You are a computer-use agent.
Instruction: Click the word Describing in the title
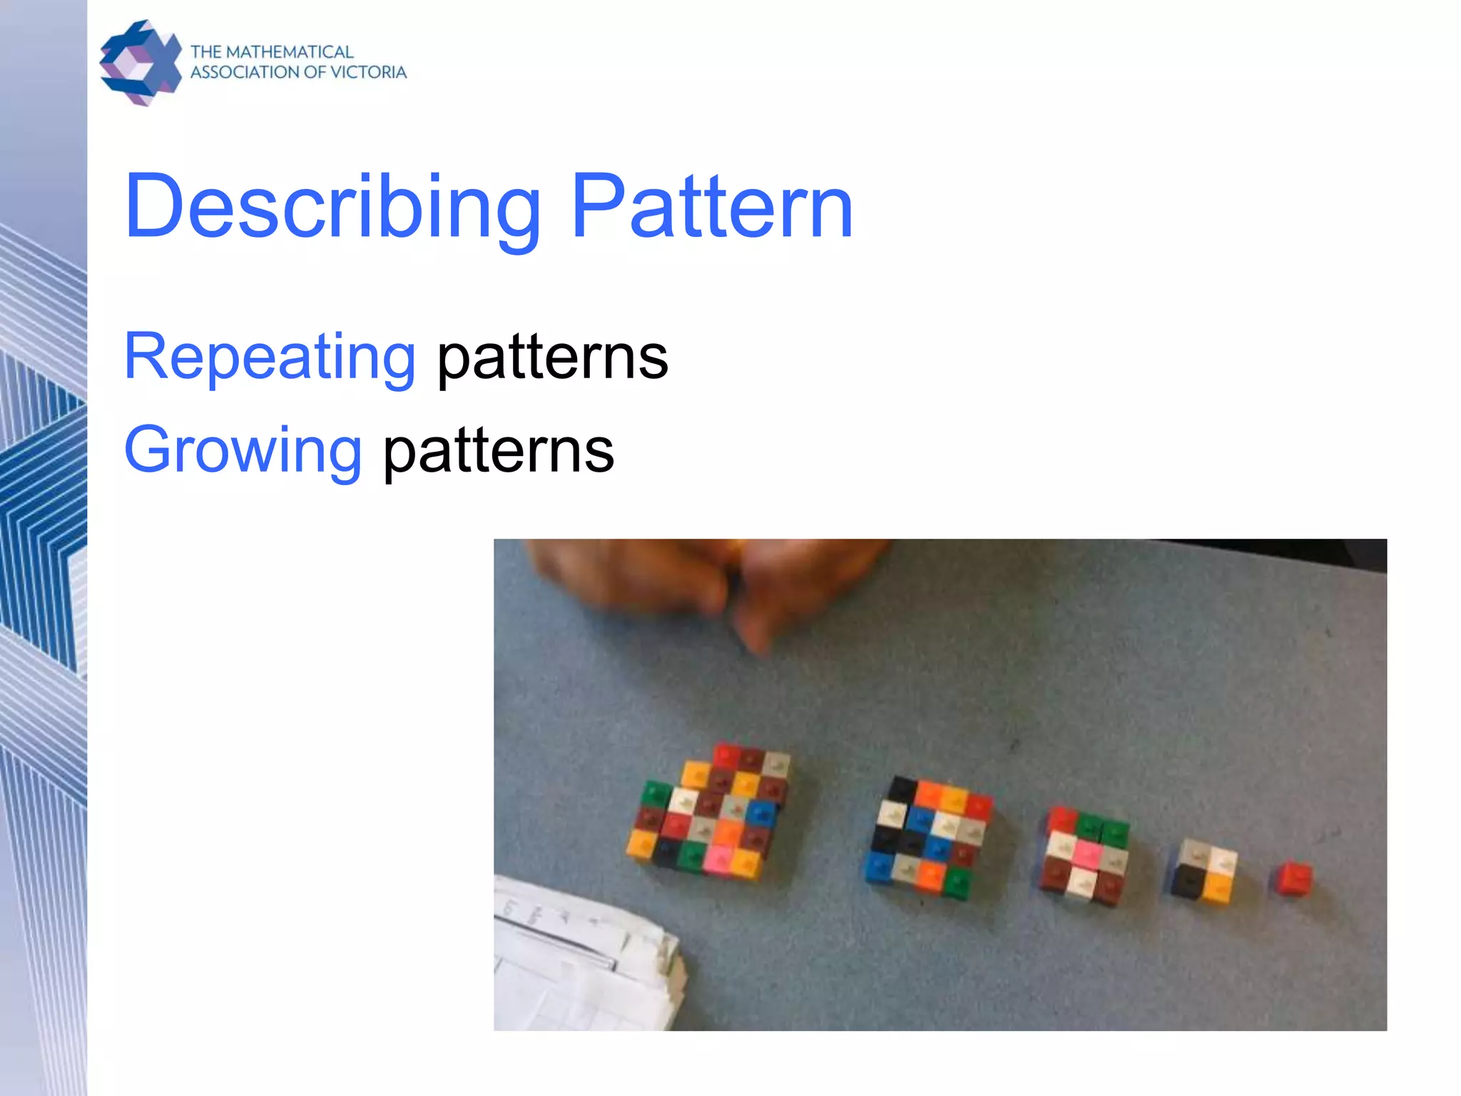tap(332, 208)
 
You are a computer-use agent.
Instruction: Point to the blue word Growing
tap(243, 450)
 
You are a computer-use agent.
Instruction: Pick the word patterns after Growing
tap(498, 450)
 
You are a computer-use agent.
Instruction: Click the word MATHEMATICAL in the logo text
tap(289, 52)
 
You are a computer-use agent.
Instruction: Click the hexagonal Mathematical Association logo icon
tap(141, 63)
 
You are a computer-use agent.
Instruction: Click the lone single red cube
tap(1293, 878)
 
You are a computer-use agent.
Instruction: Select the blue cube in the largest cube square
tap(760, 812)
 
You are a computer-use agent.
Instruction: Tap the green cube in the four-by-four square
tap(957, 882)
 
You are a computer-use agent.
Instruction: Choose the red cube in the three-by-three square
tap(1062, 818)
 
